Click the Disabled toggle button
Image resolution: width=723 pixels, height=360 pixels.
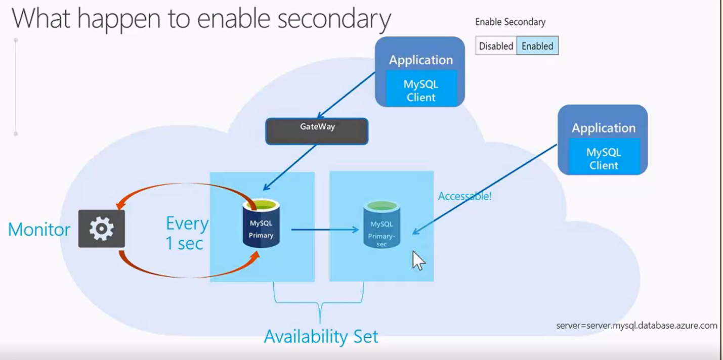coord(496,46)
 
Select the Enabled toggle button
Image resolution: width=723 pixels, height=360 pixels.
coord(537,46)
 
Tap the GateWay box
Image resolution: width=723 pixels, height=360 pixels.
coord(317,131)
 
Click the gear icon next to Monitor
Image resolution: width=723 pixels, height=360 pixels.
coord(101,229)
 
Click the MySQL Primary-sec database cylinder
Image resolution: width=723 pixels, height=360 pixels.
coord(381,224)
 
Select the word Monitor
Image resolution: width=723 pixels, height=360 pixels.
coord(39,230)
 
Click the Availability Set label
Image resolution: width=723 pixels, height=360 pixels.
coord(321,336)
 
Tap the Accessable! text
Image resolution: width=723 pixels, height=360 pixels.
coord(464,196)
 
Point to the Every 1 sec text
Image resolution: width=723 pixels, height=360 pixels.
coord(186,233)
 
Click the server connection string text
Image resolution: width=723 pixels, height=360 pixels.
coord(636,326)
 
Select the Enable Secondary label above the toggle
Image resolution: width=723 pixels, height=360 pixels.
coord(510,22)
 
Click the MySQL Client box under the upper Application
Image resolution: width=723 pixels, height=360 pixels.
coord(421,91)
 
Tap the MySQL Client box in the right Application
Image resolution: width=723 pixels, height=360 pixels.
coord(604,158)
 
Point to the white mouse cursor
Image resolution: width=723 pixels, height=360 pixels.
coord(418,260)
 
